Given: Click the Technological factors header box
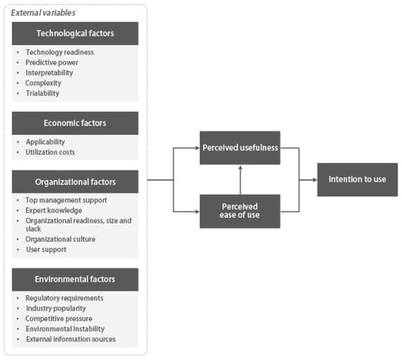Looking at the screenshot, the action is pyautogui.click(x=75, y=34).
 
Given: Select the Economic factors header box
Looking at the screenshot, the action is pyautogui.click(x=75, y=123).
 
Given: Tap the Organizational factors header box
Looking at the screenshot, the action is pyautogui.click(x=75, y=182).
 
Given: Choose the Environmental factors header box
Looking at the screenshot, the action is pyautogui.click(x=75, y=279).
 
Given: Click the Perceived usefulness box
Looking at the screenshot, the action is pyautogui.click(x=240, y=148).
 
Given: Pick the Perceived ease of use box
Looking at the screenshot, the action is pyautogui.click(x=240, y=211).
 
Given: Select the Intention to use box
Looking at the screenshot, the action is pyautogui.click(x=357, y=180).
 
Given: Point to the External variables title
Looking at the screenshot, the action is pyautogui.click(x=43, y=13).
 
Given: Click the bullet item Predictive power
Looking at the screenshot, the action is pyautogui.click(x=52, y=63).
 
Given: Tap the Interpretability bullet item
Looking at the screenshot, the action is pyautogui.click(x=49, y=73).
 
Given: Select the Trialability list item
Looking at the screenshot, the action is pyautogui.click(x=42, y=93).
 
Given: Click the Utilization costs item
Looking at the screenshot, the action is pyautogui.click(x=50, y=152).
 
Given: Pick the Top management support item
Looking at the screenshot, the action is pyautogui.click(x=66, y=200).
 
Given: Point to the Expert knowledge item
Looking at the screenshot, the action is pyautogui.click(x=53, y=210).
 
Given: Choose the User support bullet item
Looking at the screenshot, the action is pyautogui.click(x=46, y=249).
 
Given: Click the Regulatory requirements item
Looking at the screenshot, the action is pyautogui.click(x=64, y=298).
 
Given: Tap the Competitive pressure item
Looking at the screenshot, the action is pyautogui.click(x=58, y=318).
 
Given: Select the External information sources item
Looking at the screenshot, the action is pyautogui.click(x=71, y=339).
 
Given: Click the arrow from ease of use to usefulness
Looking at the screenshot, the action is pyautogui.click(x=240, y=180).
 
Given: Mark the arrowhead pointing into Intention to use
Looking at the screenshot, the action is pyautogui.click(x=315, y=180).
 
